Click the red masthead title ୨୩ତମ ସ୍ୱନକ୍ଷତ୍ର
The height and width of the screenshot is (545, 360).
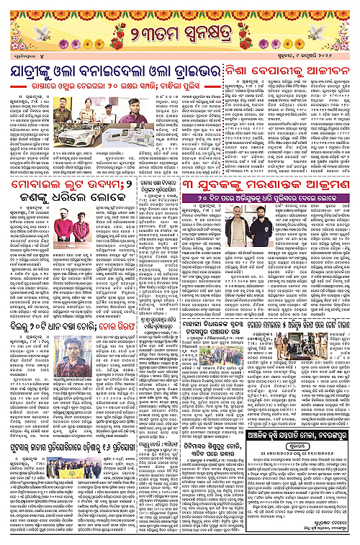(180, 35)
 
